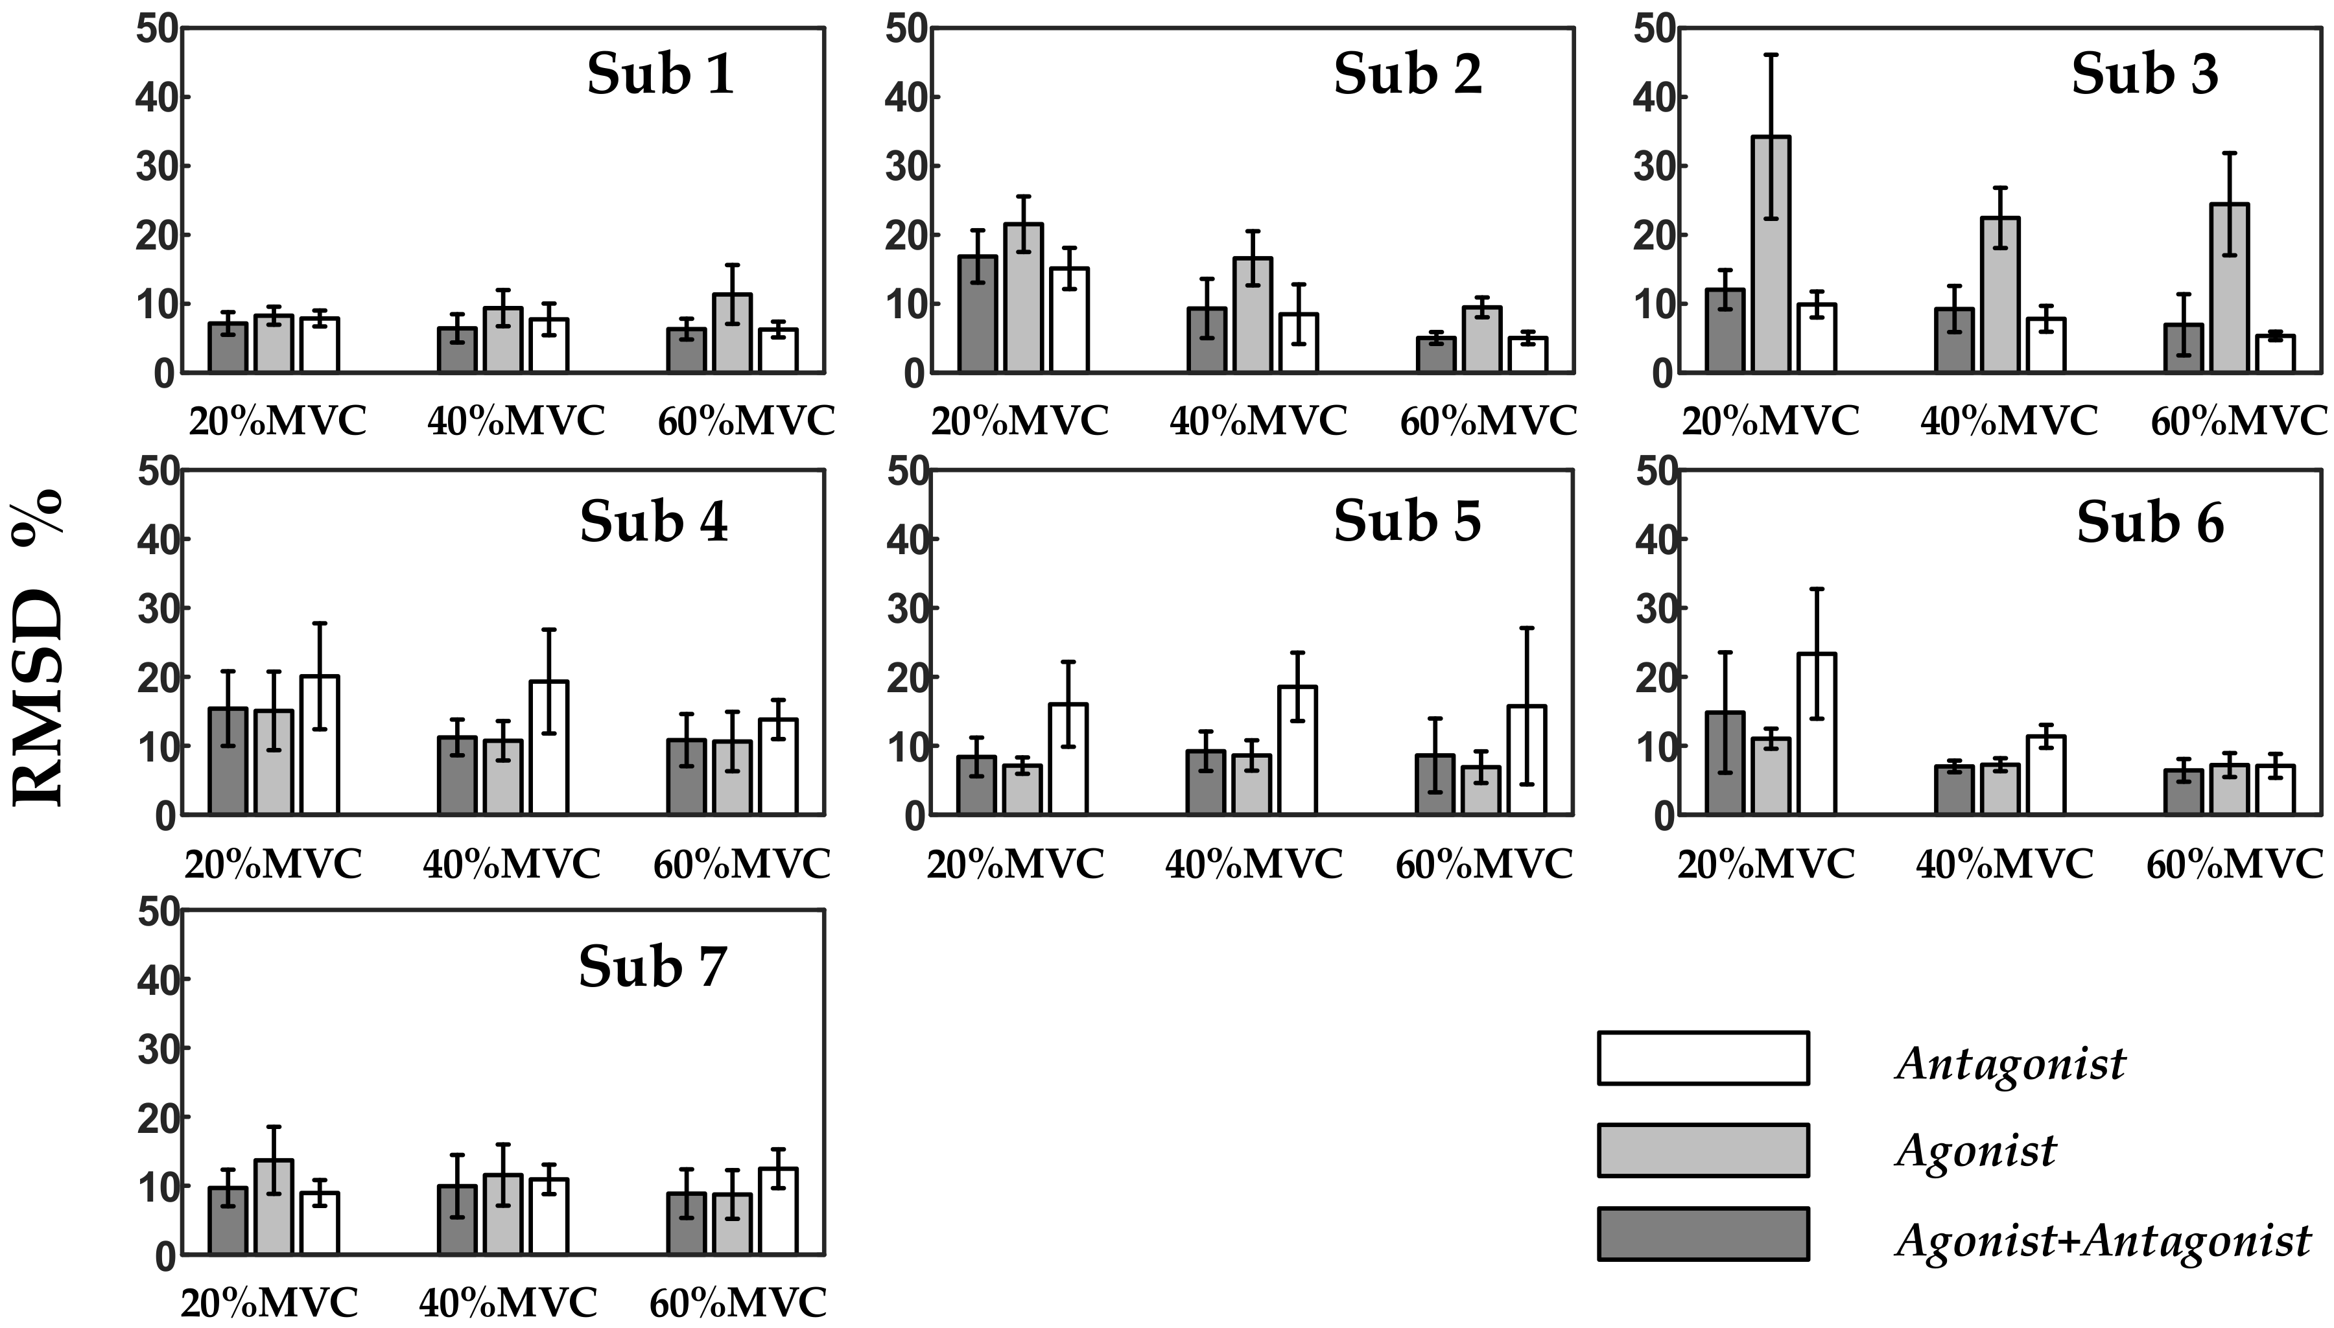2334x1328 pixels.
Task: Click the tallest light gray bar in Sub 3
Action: [1771, 255]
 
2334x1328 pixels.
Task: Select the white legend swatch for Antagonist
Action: [1703, 1058]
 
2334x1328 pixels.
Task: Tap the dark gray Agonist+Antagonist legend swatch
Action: [1703, 1234]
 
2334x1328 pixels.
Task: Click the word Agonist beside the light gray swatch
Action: [1975, 1151]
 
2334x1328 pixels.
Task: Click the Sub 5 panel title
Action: [1408, 522]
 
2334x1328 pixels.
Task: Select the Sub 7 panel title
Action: [652, 967]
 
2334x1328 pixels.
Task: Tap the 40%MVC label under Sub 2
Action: [1258, 421]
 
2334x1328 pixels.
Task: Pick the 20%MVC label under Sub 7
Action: [269, 1303]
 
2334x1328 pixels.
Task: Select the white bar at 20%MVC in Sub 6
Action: [1817, 734]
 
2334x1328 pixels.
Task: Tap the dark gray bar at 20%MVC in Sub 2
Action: [977, 315]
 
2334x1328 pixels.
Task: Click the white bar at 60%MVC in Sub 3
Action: [2276, 354]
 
